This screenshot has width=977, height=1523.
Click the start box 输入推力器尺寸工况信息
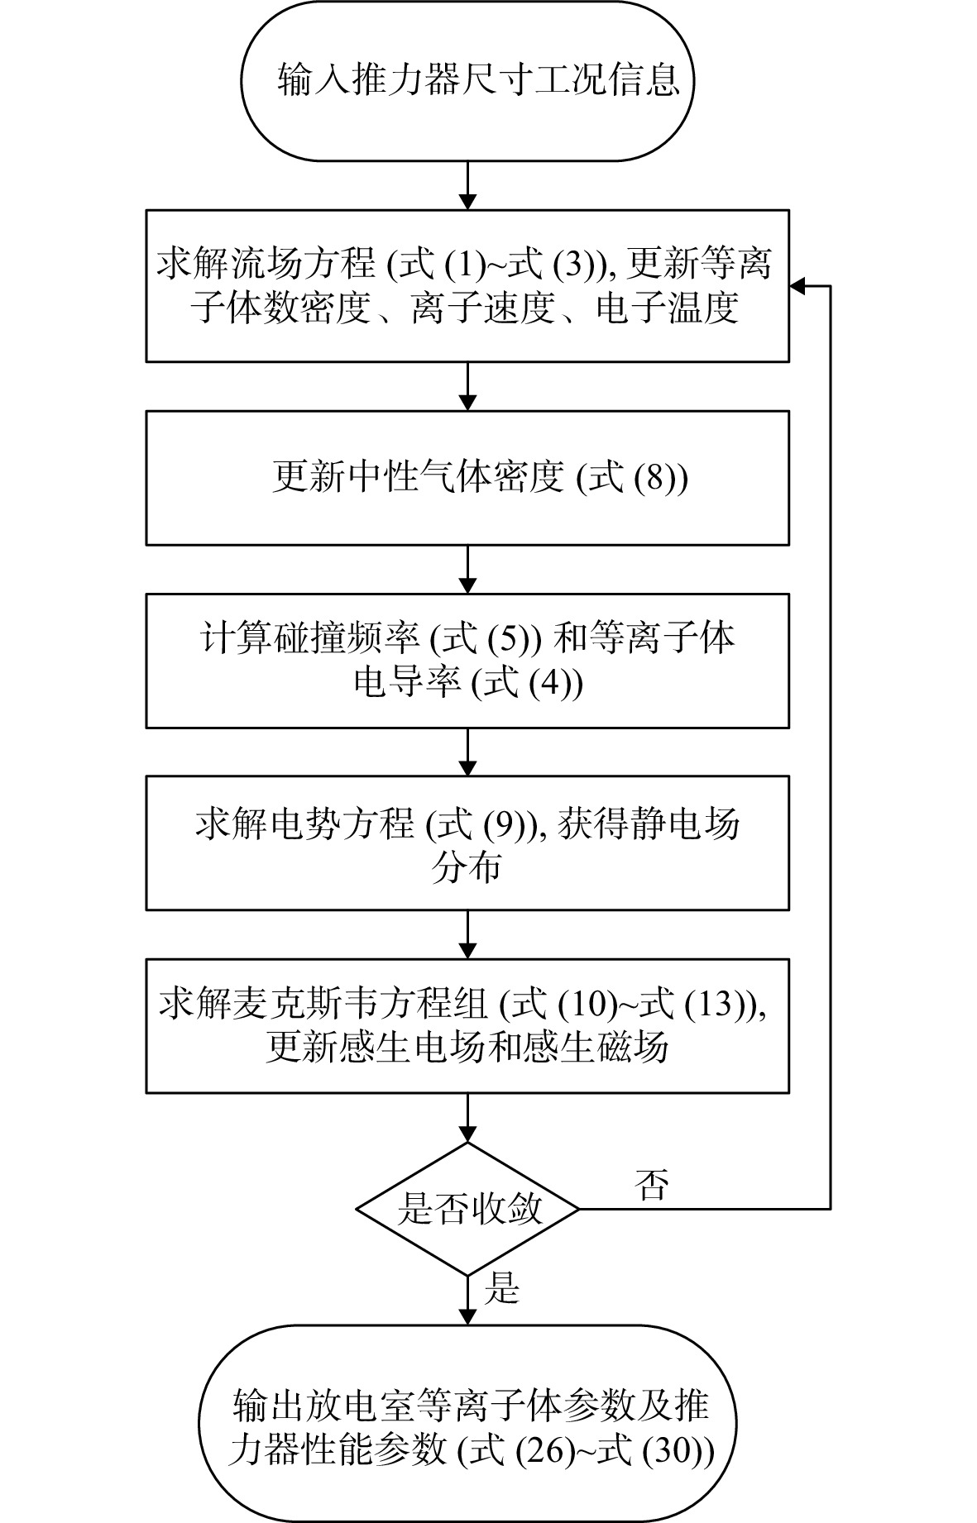click(x=467, y=80)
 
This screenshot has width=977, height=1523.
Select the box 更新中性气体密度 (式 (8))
click(x=467, y=478)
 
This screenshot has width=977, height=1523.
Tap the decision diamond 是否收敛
click(x=467, y=1209)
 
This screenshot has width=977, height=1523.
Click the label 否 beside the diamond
click(x=650, y=1186)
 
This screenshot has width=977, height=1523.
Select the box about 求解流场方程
click(x=467, y=285)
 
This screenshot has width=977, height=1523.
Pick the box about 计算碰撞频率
click(x=467, y=660)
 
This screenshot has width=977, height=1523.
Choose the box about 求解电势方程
click(x=467, y=843)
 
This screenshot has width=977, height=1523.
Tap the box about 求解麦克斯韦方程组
click(x=467, y=1025)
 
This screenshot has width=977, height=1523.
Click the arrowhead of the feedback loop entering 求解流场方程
click(x=797, y=286)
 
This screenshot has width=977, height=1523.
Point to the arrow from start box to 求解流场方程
click(x=467, y=185)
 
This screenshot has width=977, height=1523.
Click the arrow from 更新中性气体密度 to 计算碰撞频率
click(x=467, y=569)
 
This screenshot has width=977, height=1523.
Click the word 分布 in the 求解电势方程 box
click(x=466, y=869)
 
